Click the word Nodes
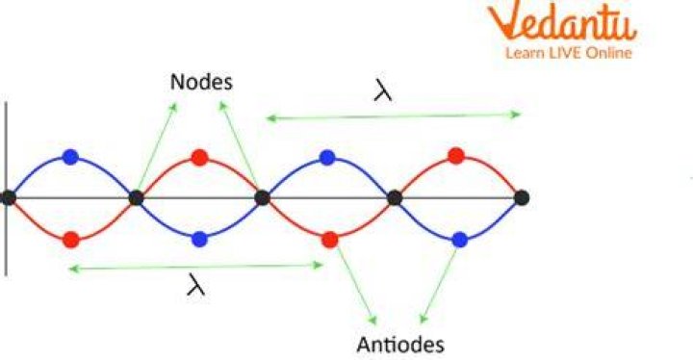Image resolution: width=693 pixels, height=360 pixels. click(x=201, y=82)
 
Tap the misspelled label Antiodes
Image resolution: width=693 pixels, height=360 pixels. click(x=400, y=345)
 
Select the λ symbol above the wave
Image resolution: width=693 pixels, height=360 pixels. click(x=383, y=90)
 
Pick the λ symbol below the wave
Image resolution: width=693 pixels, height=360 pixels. click(x=195, y=284)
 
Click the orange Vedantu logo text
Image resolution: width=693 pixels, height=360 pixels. click(x=562, y=22)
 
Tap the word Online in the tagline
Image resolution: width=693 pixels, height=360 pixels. click(x=608, y=54)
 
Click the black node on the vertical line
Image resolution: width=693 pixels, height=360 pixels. click(x=8, y=197)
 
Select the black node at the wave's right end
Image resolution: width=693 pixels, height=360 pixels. click(x=522, y=197)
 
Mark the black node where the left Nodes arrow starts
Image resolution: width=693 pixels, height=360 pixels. click(x=136, y=198)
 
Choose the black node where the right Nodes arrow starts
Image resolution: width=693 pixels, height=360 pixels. click(x=263, y=197)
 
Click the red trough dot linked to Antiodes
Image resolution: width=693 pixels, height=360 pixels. click(x=330, y=240)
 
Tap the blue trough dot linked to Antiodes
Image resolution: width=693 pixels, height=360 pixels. click(x=460, y=240)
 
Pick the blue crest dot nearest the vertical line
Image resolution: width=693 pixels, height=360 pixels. click(x=70, y=157)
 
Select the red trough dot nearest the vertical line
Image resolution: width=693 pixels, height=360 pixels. click(x=70, y=240)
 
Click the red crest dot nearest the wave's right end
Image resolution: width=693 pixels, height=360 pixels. click(x=456, y=156)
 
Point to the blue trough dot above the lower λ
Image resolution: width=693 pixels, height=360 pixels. click(x=200, y=240)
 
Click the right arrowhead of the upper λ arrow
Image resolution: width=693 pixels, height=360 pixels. click(x=516, y=115)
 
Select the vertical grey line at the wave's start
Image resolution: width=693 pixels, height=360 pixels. click(x=6, y=189)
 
